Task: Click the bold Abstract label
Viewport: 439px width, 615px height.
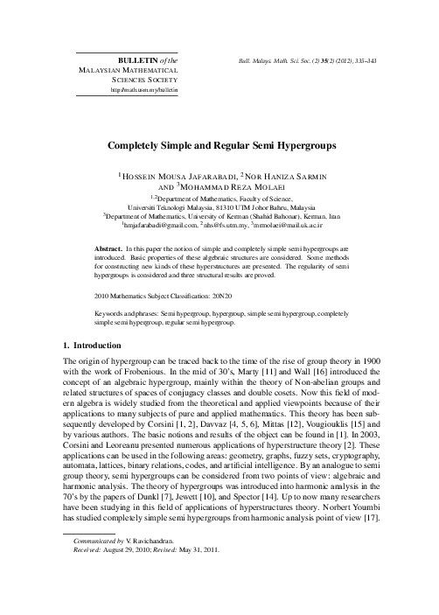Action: [110, 249]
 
